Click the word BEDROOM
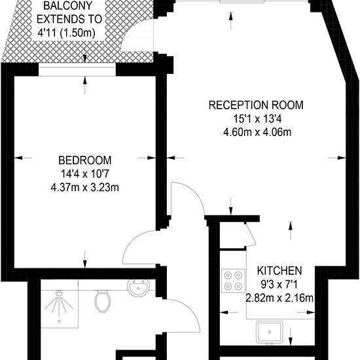pyautogui.click(x=85, y=160)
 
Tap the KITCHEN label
pyautogui.click(x=279, y=271)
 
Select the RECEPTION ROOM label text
pyautogui.click(x=256, y=105)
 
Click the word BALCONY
pyautogui.click(x=67, y=6)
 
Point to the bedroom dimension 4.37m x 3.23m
pyautogui.click(x=85, y=187)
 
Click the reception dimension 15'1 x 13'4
pyautogui.click(x=257, y=118)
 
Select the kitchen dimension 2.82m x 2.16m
pyautogui.click(x=279, y=298)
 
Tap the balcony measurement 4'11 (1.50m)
pyautogui.click(x=66, y=33)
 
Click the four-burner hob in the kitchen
pyautogui.click(x=233, y=281)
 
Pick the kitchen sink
pyautogui.click(x=270, y=332)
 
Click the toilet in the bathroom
pyautogui.click(x=103, y=301)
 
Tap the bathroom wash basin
pyautogui.click(x=139, y=287)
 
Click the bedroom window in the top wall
pyautogui.click(x=77, y=69)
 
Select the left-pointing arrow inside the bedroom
pyautogui.click(x=23, y=158)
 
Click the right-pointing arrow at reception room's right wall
pyautogui.click(x=336, y=158)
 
